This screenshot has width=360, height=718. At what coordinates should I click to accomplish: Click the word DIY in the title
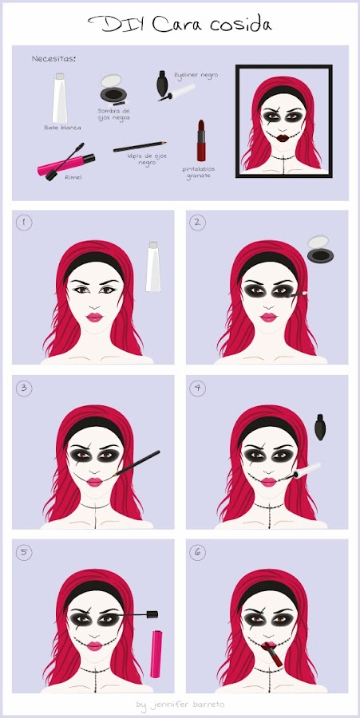click(117, 23)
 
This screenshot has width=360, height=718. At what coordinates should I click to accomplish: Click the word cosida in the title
click(241, 24)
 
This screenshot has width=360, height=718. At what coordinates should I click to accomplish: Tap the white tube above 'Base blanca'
click(60, 98)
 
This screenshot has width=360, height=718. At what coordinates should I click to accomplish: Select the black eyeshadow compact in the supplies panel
click(113, 89)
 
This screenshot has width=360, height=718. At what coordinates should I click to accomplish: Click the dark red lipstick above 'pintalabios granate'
click(201, 140)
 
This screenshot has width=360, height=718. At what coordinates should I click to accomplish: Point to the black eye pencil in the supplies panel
click(140, 147)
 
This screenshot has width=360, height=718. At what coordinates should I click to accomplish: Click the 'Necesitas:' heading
click(53, 58)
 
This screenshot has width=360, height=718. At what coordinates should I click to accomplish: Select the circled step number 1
click(24, 223)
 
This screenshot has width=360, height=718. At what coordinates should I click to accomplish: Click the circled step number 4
click(197, 389)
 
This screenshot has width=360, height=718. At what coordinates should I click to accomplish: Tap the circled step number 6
click(197, 553)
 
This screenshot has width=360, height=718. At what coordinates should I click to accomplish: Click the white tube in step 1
click(153, 266)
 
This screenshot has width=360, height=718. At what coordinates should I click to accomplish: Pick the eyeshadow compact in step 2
click(320, 249)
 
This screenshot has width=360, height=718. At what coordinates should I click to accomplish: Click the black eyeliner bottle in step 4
click(320, 427)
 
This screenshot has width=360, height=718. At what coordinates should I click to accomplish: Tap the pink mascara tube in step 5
click(156, 654)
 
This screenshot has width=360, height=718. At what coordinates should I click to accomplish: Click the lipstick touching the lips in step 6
click(272, 653)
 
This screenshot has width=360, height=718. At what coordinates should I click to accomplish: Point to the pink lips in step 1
click(95, 318)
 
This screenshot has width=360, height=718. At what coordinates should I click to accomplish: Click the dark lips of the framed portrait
click(283, 138)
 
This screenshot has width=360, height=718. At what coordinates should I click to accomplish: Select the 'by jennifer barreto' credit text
click(180, 704)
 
